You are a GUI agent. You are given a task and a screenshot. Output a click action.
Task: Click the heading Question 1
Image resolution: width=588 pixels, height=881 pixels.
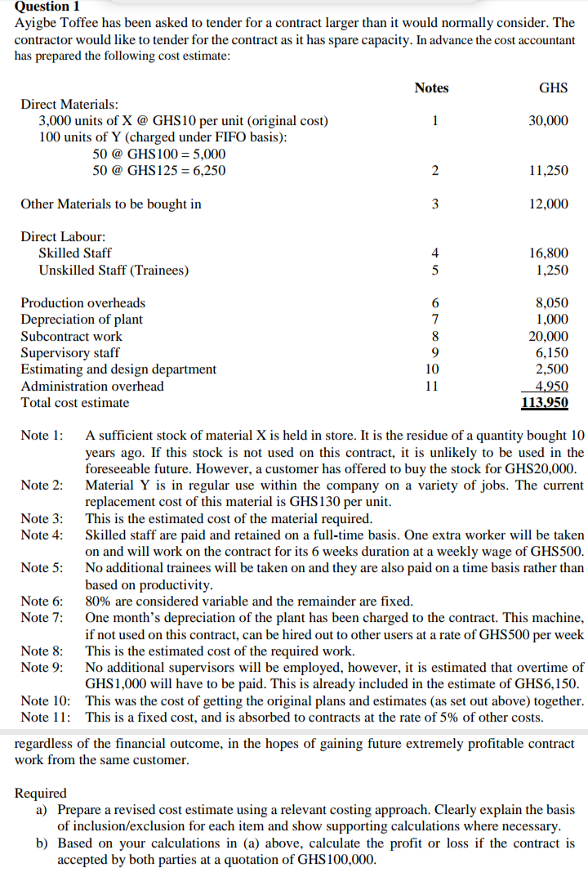[x=47, y=7]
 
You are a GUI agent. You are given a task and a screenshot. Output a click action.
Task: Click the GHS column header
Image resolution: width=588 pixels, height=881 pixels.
[x=554, y=87]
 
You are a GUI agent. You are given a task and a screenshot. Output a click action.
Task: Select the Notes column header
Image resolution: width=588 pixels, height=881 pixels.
[x=431, y=87]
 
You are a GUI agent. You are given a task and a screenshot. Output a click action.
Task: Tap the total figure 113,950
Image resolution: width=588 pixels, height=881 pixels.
[x=545, y=402]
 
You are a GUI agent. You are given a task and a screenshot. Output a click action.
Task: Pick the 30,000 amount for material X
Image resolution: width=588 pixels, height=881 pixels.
[x=548, y=121]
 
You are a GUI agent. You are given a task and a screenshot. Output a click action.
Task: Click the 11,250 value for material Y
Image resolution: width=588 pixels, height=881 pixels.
[x=548, y=171]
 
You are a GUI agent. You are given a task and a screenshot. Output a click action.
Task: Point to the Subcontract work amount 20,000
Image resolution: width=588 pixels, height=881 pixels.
[x=548, y=336]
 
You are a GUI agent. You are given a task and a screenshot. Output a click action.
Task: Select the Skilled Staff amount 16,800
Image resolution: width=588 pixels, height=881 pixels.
[x=548, y=253]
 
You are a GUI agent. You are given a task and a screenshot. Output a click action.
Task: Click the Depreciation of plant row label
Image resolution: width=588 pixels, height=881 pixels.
[x=82, y=320]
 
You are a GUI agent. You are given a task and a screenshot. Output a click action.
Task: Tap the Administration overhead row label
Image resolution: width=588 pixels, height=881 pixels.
[x=92, y=386]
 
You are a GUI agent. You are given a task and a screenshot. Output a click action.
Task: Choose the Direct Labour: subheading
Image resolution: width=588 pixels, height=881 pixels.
[x=63, y=236]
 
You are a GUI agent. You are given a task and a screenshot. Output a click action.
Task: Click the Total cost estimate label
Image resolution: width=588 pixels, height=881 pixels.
[x=75, y=402]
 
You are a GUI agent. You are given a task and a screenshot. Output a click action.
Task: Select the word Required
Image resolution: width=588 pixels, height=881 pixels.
[x=41, y=793]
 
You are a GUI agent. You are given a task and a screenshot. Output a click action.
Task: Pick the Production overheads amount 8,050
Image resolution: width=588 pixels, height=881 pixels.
[x=551, y=303]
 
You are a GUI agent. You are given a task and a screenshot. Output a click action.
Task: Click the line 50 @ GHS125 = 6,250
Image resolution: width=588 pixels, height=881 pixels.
[x=159, y=171]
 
